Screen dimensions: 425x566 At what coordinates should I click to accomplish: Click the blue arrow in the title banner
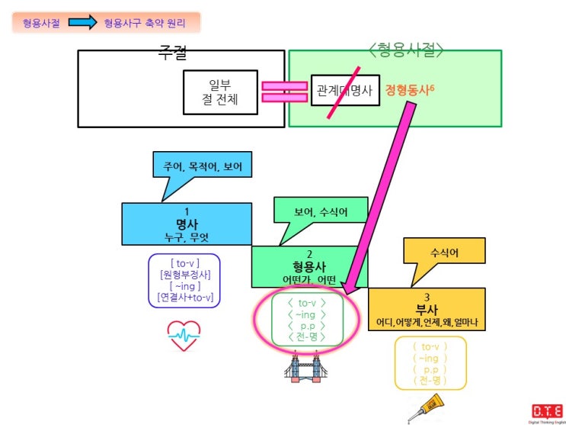click(80, 23)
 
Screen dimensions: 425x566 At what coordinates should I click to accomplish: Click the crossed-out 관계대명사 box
click(344, 91)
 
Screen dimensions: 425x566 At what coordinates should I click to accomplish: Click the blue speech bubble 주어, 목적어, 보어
click(201, 166)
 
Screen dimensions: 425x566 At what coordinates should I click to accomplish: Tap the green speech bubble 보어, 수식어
click(321, 212)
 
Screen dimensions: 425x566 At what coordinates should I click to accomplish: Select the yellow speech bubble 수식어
click(445, 252)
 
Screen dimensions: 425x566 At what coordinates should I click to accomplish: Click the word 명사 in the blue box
click(187, 224)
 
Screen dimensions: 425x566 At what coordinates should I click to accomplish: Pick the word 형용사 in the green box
click(309, 266)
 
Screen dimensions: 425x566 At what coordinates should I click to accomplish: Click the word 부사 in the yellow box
click(426, 309)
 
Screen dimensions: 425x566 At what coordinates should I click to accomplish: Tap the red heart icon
click(184, 335)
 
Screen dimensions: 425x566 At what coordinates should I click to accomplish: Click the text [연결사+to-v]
click(184, 297)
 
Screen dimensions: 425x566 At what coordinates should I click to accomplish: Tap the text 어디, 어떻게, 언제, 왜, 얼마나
click(426, 322)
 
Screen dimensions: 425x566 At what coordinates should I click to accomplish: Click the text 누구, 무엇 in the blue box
click(187, 237)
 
